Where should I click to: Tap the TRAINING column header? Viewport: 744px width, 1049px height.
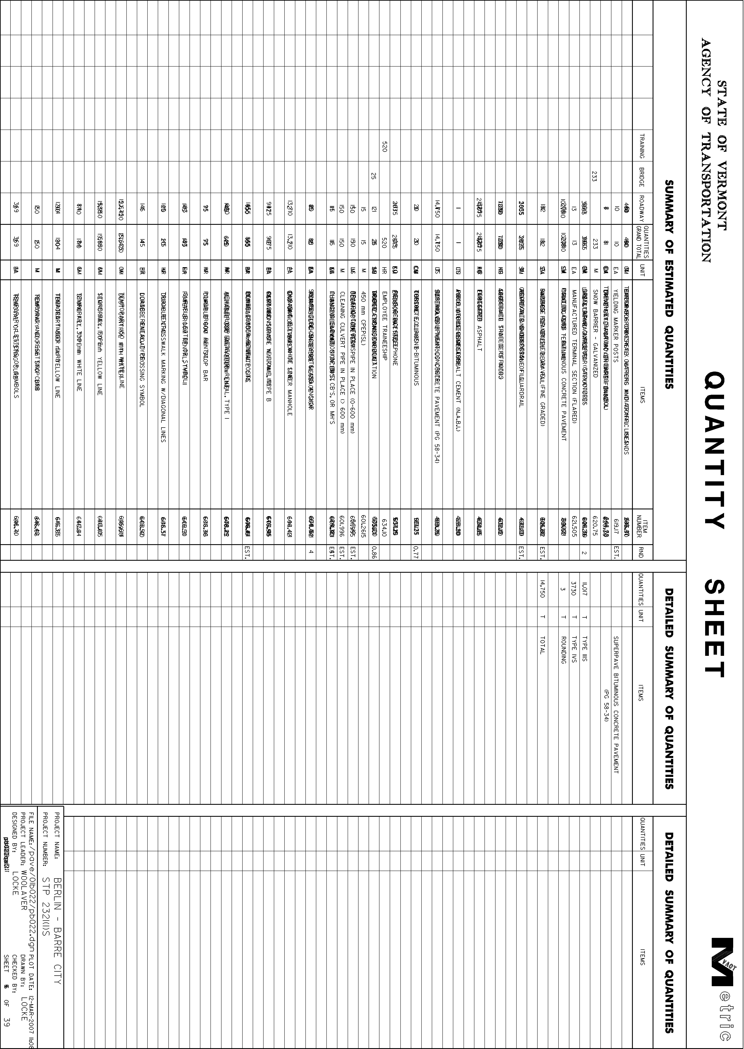pos(641,146)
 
